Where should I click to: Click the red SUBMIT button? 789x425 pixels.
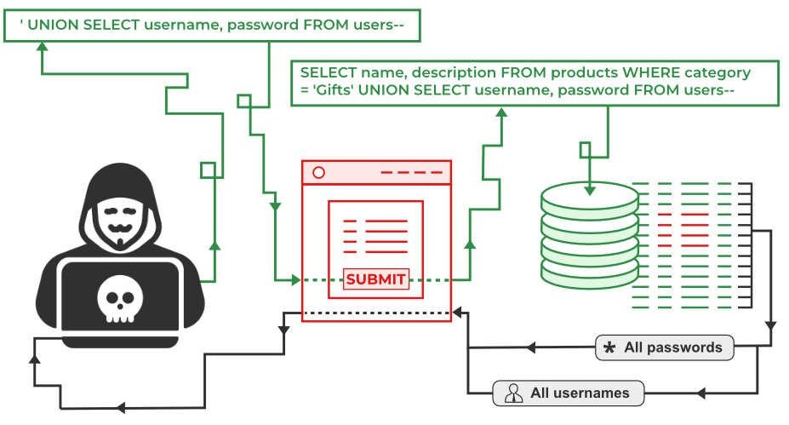coord(376,279)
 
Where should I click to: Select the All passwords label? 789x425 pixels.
coord(672,347)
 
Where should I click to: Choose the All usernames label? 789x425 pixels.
coord(579,393)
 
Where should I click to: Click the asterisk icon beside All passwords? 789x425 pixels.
coord(609,348)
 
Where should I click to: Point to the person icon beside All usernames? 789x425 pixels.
coord(513,393)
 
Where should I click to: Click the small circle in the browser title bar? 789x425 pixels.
coord(319,172)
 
